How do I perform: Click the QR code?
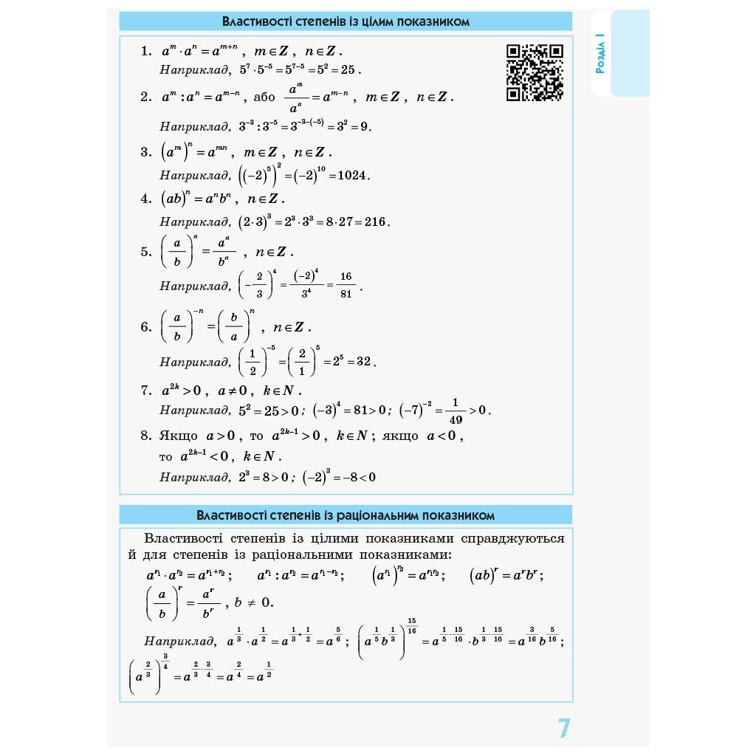click(535, 72)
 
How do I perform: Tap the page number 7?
click(564, 728)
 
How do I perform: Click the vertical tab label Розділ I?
click(601, 53)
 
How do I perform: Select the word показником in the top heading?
click(433, 21)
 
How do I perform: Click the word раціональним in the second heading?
click(388, 515)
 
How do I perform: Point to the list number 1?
click(145, 52)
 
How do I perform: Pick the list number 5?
click(145, 252)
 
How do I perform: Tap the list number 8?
click(145, 436)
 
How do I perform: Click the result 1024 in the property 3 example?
click(353, 176)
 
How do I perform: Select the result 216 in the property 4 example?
click(375, 221)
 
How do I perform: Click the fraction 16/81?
click(346, 285)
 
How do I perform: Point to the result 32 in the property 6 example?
click(363, 362)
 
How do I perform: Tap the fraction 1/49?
click(455, 410)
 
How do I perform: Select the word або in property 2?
click(264, 97)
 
